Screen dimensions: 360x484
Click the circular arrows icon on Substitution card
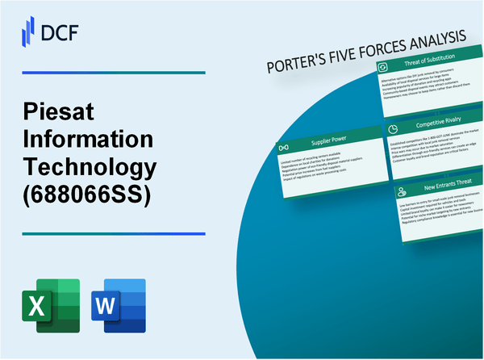[384, 66]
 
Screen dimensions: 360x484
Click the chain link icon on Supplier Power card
[283, 149]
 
